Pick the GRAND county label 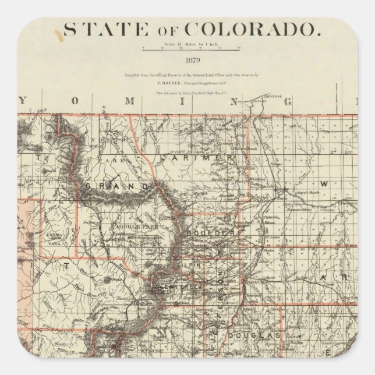coord(116,186)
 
